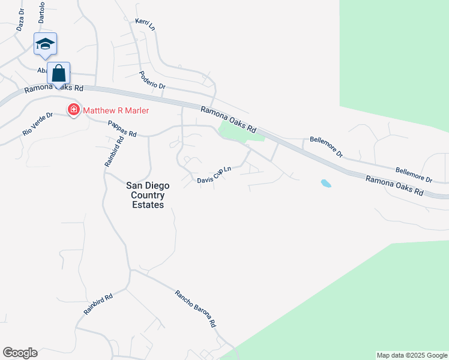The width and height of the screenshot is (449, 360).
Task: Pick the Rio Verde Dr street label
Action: (x=38, y=122)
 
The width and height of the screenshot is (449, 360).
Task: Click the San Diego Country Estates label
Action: (x=148, y=196)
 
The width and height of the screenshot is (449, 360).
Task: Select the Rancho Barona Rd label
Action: (x=195, y=308)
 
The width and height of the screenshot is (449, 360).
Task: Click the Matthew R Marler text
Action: (x=115, y=110)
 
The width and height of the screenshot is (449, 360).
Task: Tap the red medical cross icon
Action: (x=74, y=110)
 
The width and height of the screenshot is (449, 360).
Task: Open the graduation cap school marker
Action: (x=46, y=44)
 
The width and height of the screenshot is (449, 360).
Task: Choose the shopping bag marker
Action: (x=59, y=74)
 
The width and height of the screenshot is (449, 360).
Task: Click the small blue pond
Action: (x=326, y=183)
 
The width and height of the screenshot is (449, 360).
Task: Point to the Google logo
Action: (x=20, y=353)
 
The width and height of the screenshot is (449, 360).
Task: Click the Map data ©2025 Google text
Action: (x=412, y=355)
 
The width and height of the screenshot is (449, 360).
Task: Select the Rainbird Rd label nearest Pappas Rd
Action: (x=113, y=151)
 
